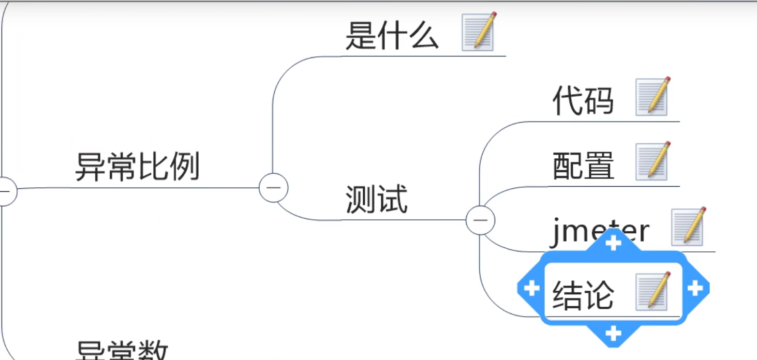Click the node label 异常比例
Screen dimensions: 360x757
pos(137,167)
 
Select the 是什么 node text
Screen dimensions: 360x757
pos(392,36)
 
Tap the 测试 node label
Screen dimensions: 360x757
pos(376,199)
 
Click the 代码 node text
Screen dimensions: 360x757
pos(583,100)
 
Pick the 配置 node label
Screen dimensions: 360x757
pos(583,166)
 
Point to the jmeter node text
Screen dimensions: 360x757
pos(599,231)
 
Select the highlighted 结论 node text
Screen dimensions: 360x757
pos(583,295)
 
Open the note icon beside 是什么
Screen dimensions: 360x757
pos(479,32)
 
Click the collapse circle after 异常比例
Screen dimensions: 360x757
pos(273,188)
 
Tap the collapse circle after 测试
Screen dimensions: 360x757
pos(480,220)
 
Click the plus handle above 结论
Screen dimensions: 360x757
pos(613,242)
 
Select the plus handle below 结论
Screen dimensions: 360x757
pos(613,334)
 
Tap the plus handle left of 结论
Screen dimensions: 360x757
pos(531,288)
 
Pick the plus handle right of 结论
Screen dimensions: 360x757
pos(695,288)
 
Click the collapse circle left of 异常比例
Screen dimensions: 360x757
pos(6,191)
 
